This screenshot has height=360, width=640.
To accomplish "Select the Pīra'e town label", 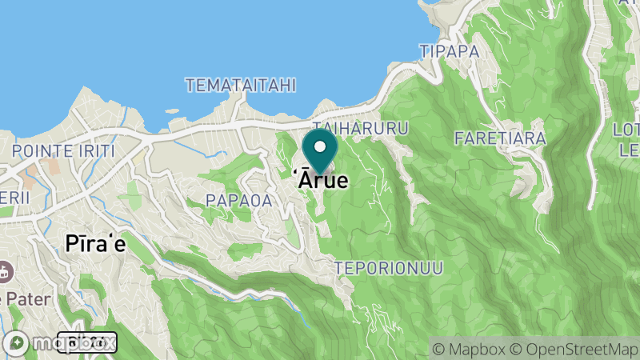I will (95, 244).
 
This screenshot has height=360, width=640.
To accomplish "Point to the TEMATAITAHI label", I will (241, 85).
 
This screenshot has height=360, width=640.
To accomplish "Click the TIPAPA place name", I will (449, 51).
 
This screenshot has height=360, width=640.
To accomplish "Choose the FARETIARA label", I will (500, 138).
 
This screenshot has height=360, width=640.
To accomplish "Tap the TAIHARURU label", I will (361, 129).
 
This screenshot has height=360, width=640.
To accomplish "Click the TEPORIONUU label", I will (388, 268).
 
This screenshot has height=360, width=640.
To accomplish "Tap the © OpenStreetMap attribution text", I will (576, 349).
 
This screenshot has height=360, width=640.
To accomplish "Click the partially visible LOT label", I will (626, 130).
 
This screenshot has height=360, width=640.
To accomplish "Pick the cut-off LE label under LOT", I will (629, 150).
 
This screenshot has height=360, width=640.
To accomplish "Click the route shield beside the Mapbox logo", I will (88, 342).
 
